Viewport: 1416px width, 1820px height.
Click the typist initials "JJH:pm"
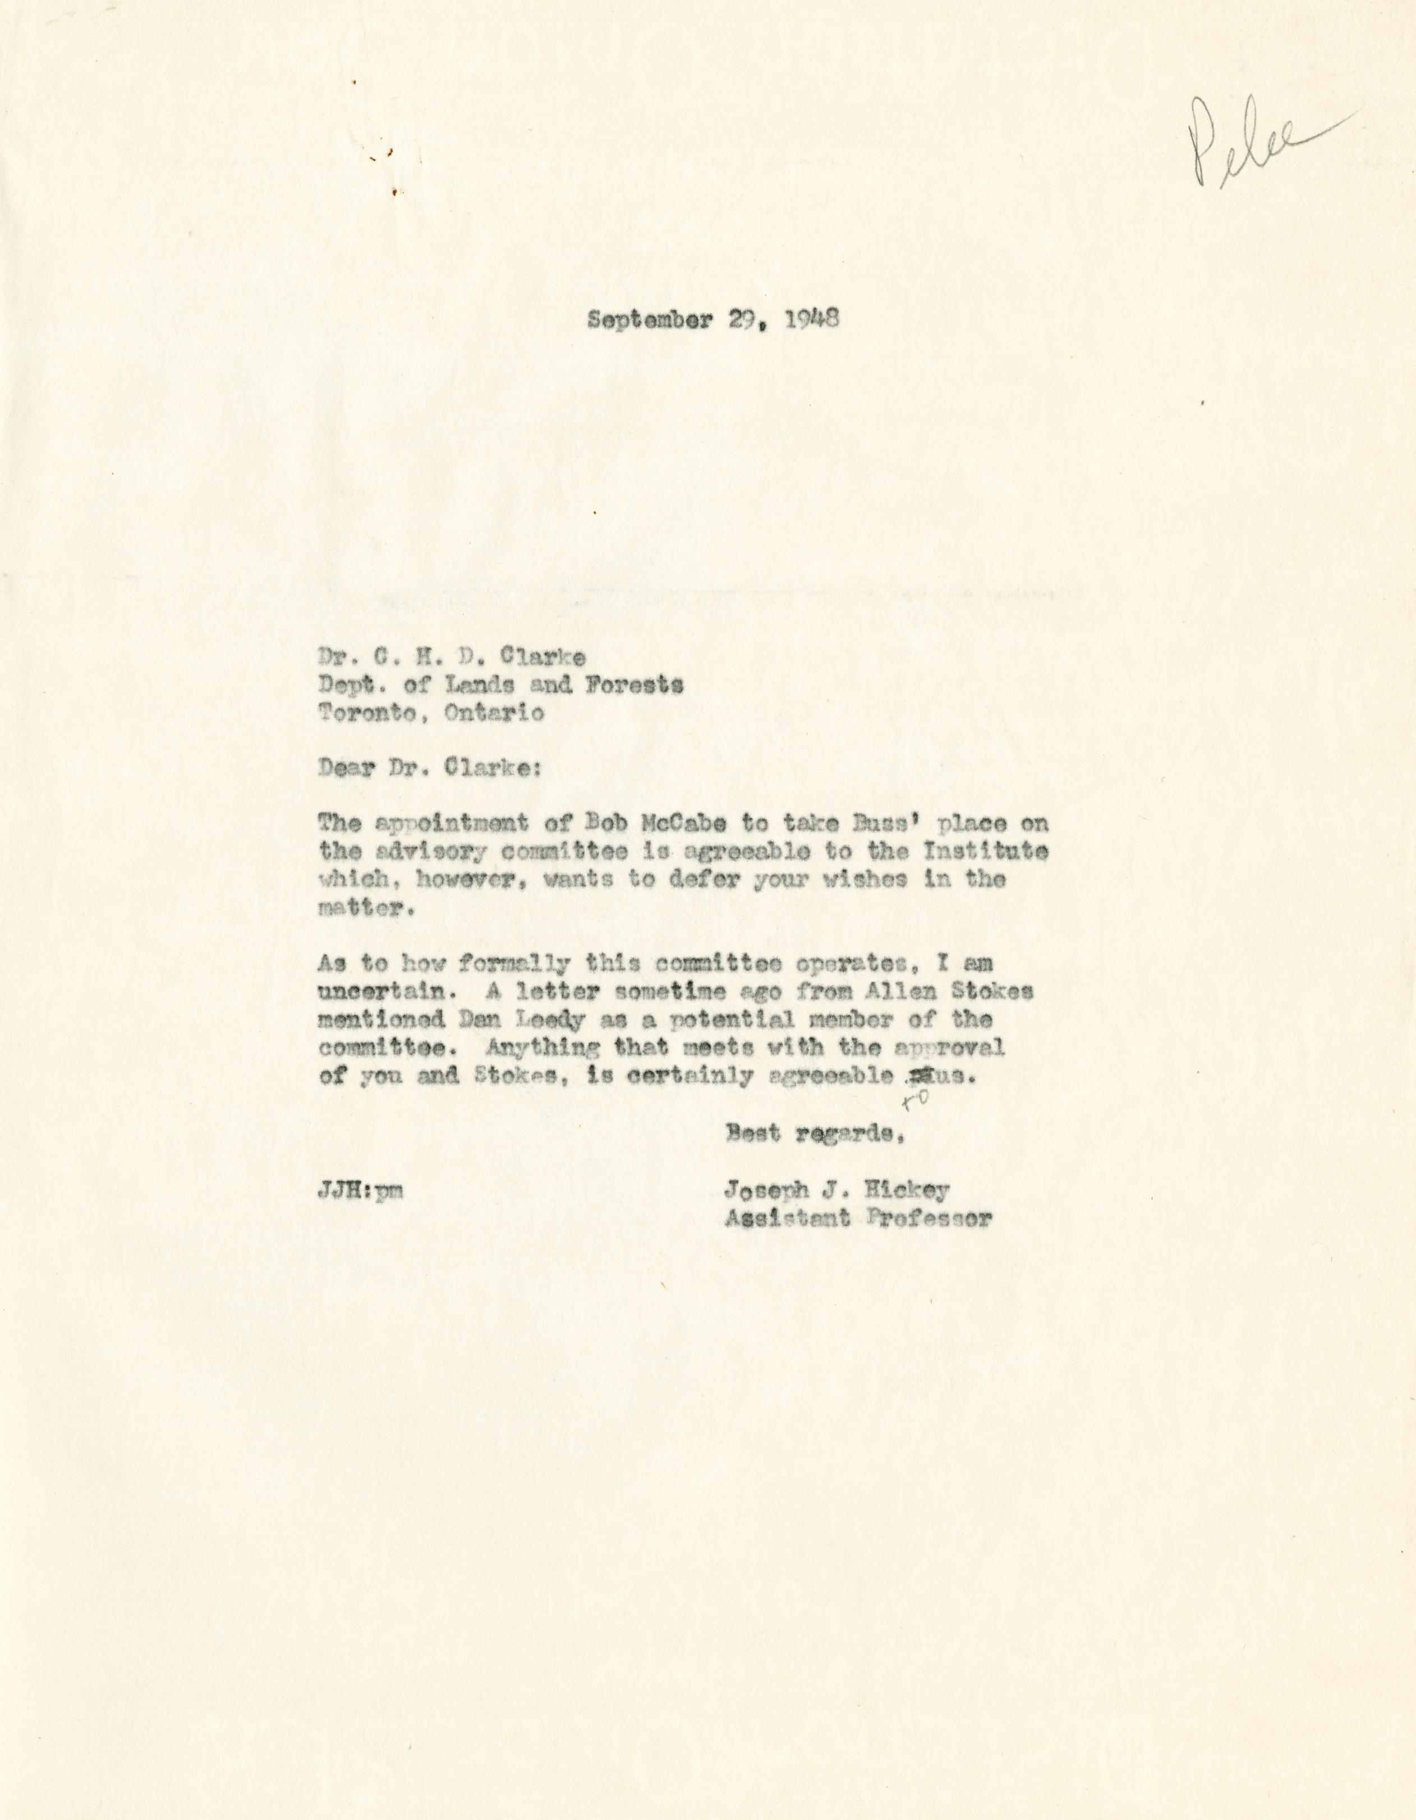[361, 1192]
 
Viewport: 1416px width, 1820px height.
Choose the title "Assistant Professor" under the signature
[858, 1219]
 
